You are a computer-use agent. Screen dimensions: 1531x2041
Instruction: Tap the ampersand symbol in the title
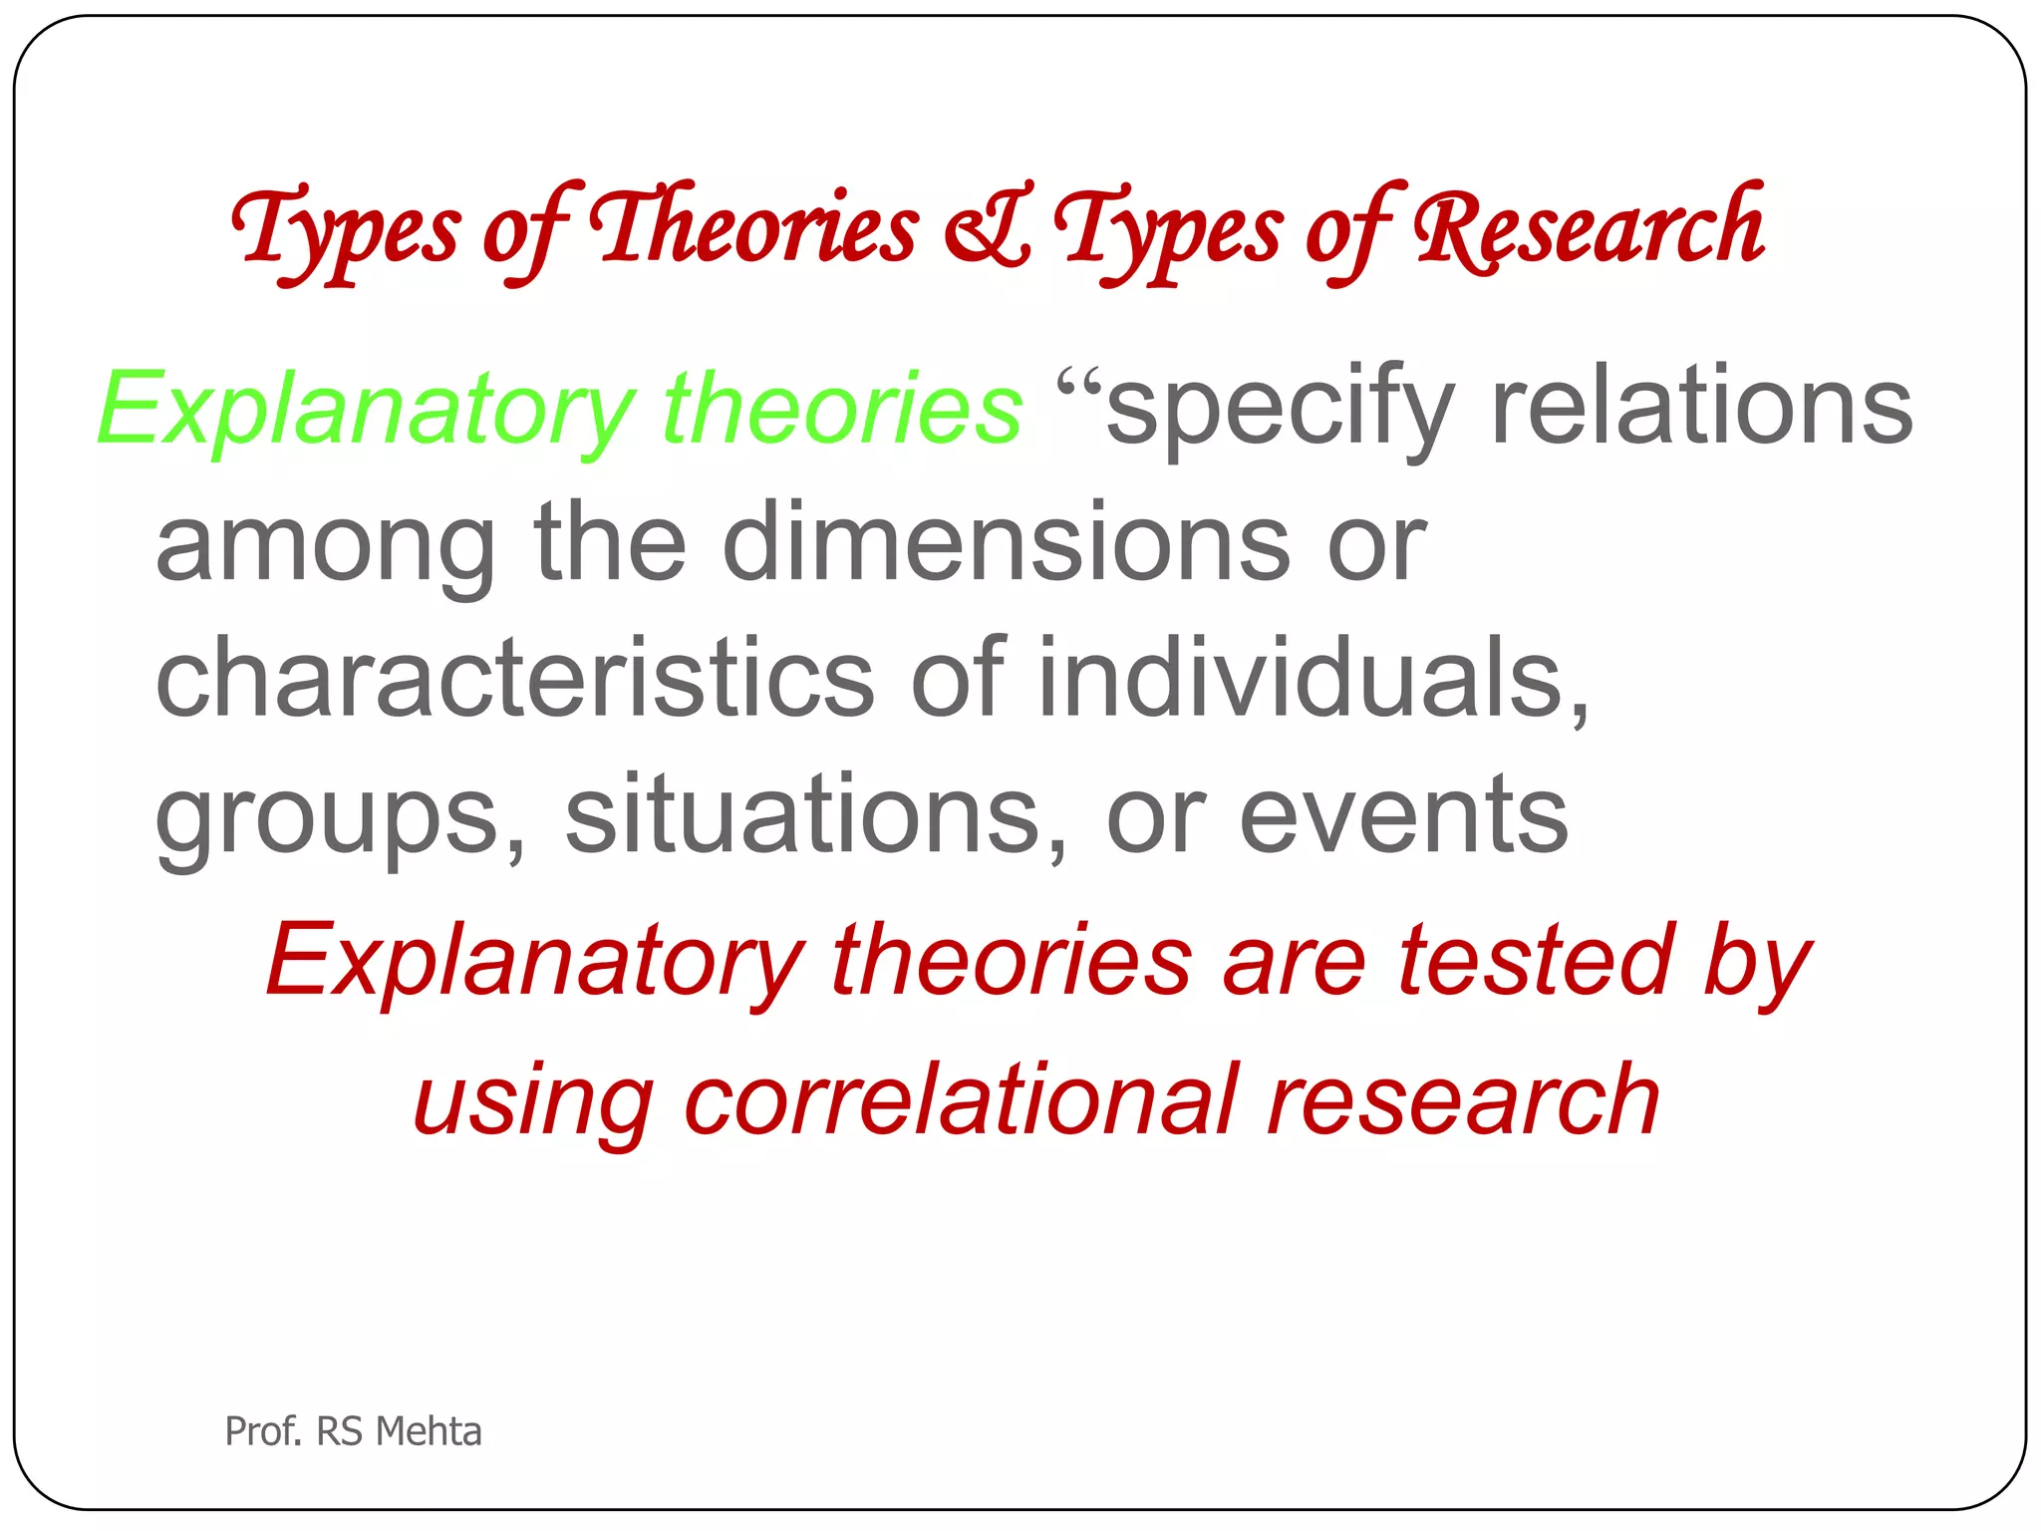987,229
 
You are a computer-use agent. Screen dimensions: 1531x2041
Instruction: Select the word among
325,547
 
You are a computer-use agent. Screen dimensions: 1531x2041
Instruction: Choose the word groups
339,817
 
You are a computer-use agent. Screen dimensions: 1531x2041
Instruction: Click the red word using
533,1102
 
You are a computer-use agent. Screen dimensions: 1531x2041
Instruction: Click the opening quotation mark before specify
1079,383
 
